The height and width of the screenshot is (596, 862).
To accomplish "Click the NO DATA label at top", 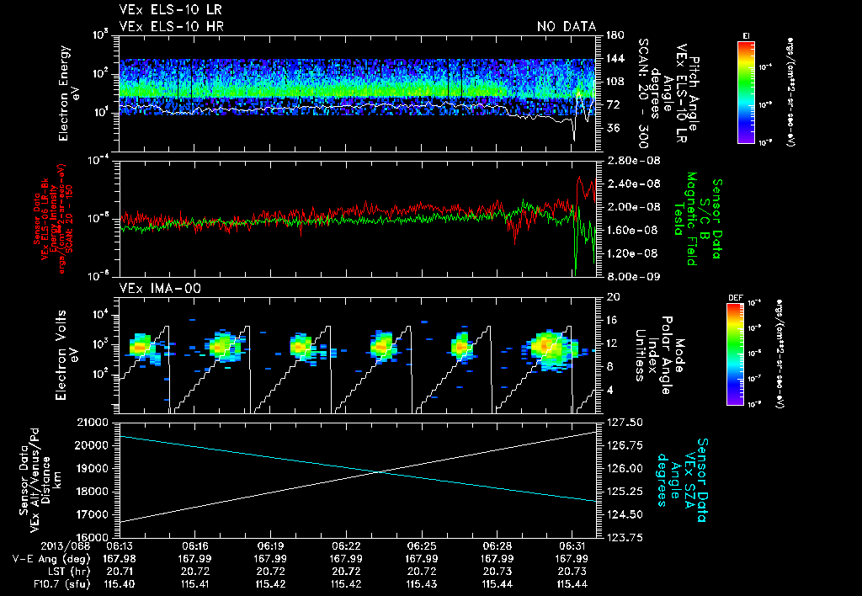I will (566, 27).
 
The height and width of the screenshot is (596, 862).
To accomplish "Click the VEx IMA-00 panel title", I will (161, 289).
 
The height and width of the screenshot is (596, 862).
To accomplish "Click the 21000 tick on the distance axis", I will (99, 422).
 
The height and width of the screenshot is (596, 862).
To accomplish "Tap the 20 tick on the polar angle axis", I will (612, 296).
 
